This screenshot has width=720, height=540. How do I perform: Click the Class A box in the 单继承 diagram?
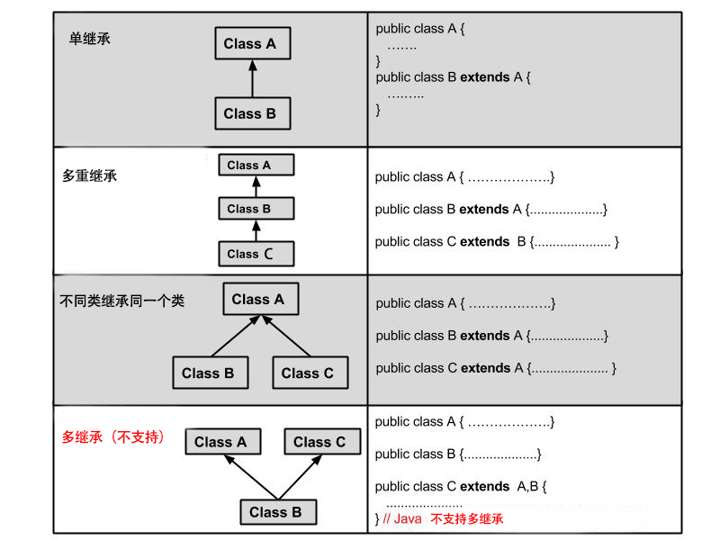click(252, 43)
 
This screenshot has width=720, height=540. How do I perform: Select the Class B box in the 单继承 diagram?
click(252, 113)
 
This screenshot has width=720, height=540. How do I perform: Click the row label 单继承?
click(90, 40)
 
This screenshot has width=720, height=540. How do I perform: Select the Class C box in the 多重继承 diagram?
click(256, 254)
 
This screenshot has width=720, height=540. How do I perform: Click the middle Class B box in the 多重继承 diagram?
click(256, 209)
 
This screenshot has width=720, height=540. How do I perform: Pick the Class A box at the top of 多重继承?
click(256, 166)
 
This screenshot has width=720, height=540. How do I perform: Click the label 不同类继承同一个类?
click(121, 301)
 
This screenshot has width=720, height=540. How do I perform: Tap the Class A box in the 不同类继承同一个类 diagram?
click(260, 300)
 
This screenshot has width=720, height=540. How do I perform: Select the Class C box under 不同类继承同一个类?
click(308, 373)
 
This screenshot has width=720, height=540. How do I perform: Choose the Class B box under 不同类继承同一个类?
click(208, 373)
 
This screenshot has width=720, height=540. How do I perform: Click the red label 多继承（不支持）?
click(113, 437)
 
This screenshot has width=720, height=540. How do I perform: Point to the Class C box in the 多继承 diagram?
click(321, 442)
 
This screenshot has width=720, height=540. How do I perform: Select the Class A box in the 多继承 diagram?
click(221, 442)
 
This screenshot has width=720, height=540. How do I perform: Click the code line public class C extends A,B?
click(461, 486)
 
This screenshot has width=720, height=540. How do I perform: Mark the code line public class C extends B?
click(496, 241)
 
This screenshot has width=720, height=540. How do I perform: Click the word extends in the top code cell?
click(484, 77)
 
